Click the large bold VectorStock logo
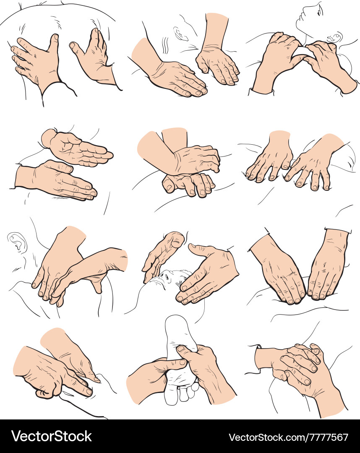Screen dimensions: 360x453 tap(52, 436)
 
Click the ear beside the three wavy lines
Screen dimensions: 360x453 tap(181, 34)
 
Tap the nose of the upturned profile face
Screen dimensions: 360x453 tap(300, 12)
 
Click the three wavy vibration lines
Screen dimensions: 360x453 tap(165, 45)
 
